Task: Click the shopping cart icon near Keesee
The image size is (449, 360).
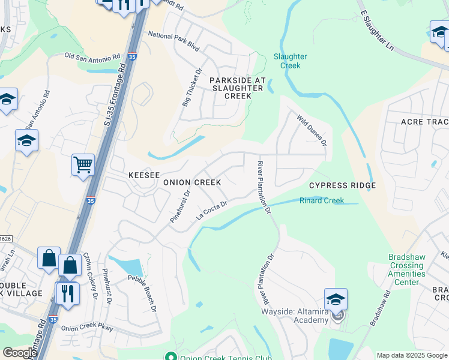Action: (83, 164)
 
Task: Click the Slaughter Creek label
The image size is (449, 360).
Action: (291, 61)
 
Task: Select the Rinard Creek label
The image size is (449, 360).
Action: (322, 200)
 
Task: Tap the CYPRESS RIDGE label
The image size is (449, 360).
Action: (342, 185)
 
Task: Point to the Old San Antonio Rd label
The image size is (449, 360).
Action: (96, 57)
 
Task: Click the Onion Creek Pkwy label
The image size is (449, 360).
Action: (87, 328)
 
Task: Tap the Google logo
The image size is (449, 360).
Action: (20, 353)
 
